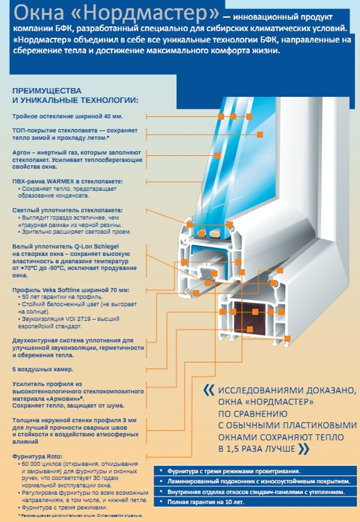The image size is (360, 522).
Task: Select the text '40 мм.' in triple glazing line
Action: point(113,116)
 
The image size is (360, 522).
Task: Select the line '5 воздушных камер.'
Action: point(43,369)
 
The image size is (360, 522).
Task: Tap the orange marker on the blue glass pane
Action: point(260,134)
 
